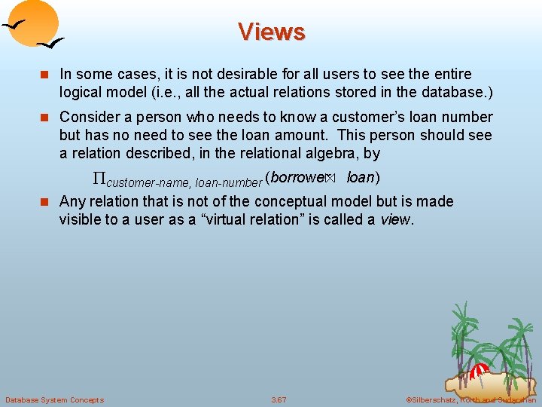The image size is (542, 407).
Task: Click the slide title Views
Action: coord(271,32)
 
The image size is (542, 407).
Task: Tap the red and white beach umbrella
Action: coord(479,371)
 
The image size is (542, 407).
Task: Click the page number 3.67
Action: coord(279,399)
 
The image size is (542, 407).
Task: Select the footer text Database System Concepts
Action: coord(54,399)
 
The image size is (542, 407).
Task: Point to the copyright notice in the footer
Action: coord(470,399)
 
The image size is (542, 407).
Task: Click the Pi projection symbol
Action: coord(99,179)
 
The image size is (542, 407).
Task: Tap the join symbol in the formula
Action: coord(328,179)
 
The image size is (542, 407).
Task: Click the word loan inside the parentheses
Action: coord(361,178)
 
